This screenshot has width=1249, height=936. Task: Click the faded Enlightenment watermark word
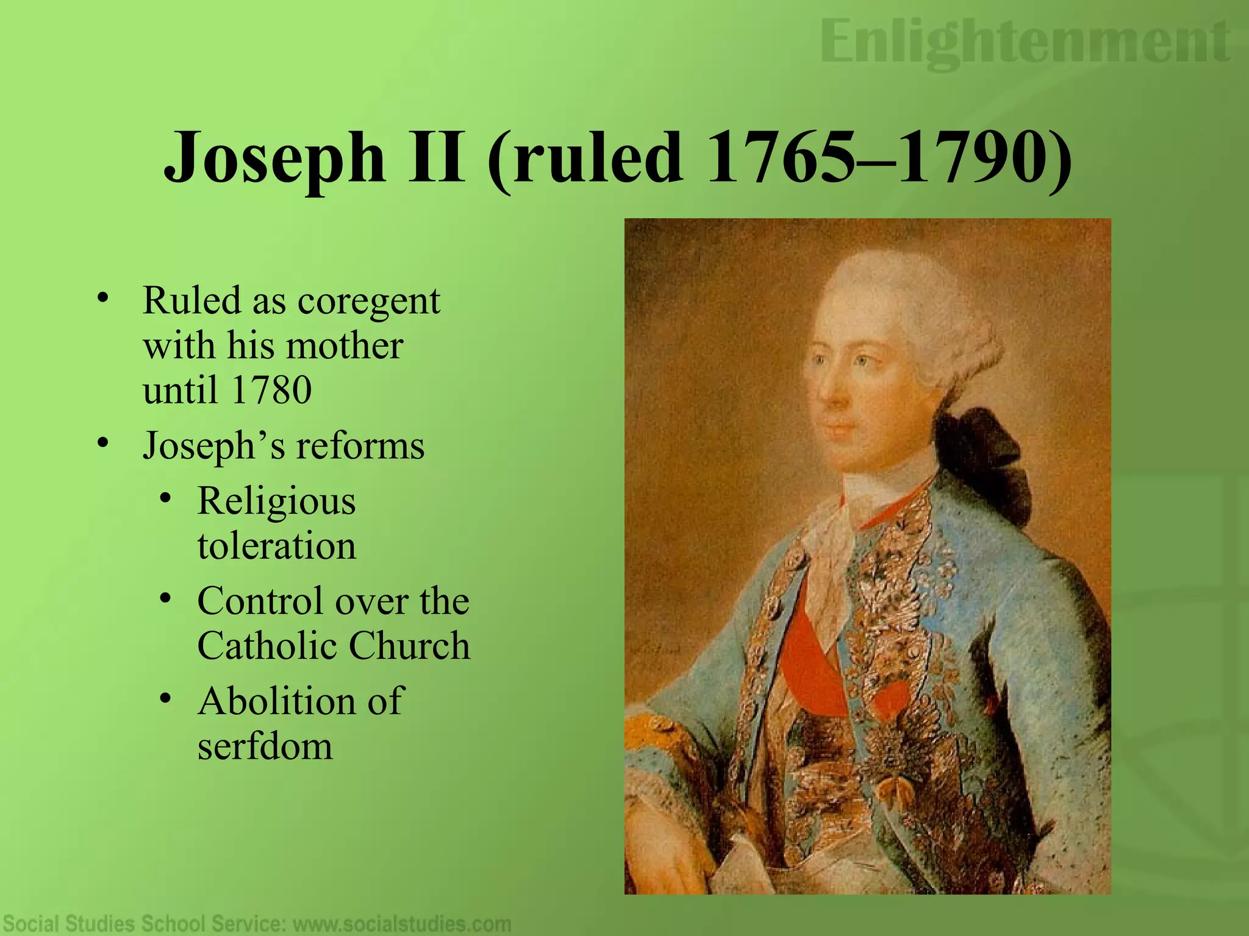(1025, 43)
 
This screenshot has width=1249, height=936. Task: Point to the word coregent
(368, 302)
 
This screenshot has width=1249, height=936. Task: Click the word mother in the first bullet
(344, 346)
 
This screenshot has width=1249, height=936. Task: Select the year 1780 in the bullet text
(271, 390)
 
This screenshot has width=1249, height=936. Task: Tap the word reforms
(360, 446)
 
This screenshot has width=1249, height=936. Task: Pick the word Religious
(276, 503)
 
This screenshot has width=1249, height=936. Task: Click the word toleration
(276, 545)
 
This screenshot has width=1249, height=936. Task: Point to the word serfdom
(265, 746)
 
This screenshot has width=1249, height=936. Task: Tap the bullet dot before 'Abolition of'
(165, 698)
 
